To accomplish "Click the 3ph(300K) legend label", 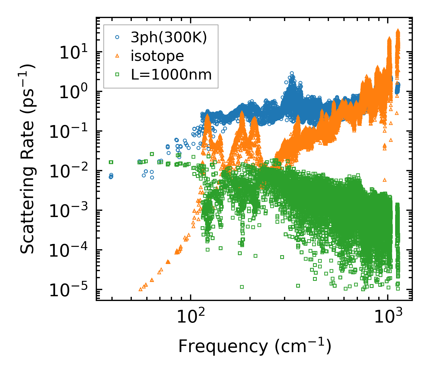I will tap(169, 38).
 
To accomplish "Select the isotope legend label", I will tap(157, 56).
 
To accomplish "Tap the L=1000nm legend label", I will tap(171, 75).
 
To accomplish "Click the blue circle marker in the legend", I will tap(117, 37).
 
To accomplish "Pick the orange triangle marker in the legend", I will tap(117, 56).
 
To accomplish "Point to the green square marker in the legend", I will tap(117, 75).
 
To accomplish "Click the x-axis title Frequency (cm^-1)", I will tap(254, 347).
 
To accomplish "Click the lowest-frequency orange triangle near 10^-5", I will tap(140, 289).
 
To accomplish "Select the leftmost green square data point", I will tap(111, 162).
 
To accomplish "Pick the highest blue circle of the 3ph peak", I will tap(292, 73).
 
